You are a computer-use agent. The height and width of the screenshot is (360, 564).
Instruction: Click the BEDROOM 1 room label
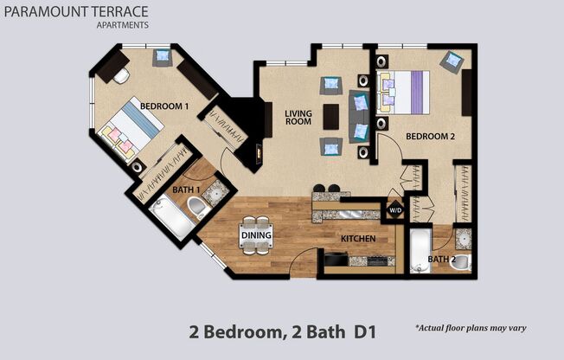click(164, 106)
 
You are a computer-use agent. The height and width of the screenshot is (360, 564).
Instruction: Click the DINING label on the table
click(257, 235)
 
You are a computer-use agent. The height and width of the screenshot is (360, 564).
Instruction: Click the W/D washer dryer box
click(394, 210)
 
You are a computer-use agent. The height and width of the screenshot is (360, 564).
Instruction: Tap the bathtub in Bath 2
click(418, 249)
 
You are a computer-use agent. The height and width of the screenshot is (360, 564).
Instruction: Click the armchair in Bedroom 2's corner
click(451, 61)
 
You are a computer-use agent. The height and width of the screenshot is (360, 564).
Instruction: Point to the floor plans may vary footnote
click(471, 329)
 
